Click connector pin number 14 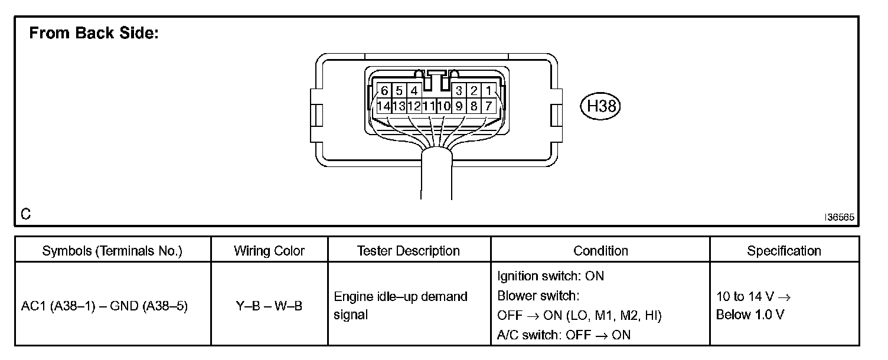384,107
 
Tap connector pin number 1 489,91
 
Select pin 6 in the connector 384,91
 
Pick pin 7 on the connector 489,107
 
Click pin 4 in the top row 414,91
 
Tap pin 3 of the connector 459,91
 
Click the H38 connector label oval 602,106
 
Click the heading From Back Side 93,34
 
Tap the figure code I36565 840,217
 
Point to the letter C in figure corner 25,214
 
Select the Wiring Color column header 269,251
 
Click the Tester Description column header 409,251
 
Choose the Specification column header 784,251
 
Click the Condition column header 600,251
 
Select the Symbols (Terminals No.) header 112,251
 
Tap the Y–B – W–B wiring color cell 269,307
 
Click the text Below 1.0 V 750,315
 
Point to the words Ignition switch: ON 550,276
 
